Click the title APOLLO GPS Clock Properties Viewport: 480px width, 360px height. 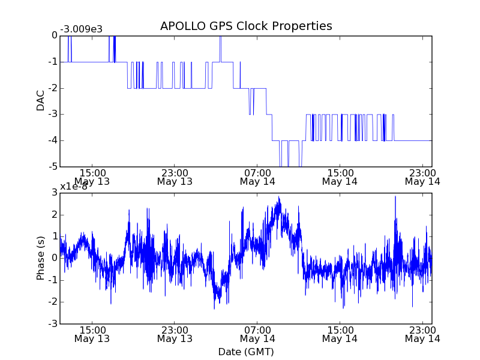tap(246, 26)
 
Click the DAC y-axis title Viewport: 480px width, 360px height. tap(41, 101)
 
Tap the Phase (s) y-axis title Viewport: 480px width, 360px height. tap(41, 258)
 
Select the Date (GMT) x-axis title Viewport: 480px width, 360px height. tap(246, 352)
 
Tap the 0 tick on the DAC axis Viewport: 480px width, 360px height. tap(55, 35)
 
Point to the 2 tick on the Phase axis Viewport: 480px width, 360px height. tap(55, 215)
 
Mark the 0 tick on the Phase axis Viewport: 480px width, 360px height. tap(55, 259)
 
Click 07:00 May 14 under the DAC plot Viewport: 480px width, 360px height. tap(257, 176)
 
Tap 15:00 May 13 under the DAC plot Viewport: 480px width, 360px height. tap(92, 176)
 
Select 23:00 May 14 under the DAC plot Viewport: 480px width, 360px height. tap(422, 176)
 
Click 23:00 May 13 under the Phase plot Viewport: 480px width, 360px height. tap(175, 334)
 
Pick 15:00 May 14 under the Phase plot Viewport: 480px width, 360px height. tap(340, 334)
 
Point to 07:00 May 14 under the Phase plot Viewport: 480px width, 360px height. tap(257, 334)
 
